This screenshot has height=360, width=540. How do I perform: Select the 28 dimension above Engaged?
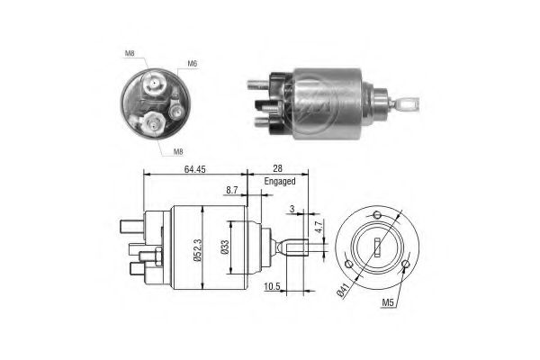[278, 168]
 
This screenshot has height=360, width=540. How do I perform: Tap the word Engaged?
[279, 181]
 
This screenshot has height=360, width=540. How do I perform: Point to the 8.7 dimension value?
[232, 191]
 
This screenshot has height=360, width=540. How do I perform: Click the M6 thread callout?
[192, 63]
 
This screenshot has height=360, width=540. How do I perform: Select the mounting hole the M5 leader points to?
[406, 265]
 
